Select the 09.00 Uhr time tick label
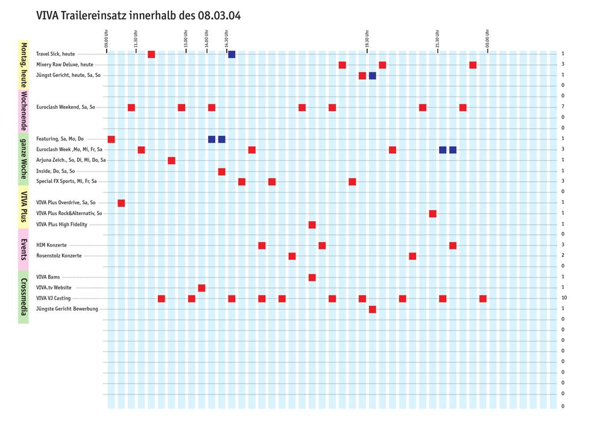pyautogui.click(x=107, y=39)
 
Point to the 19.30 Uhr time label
pyautogui.click(x=367, y=39)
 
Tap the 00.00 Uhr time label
pyautogui.click(x=487, y=39)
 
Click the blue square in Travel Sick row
pyautogui.click(x=232, y=54)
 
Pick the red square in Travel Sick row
pyautogui.click(x=151, y=54)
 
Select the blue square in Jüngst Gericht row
pyautogui.click(x=372, y=75)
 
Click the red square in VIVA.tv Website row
pyautogui.click(x=201, y=288)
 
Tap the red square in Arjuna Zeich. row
pyautogui.click(x=171, y=161)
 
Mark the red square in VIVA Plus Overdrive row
pyautogui.click(x=121, y=203)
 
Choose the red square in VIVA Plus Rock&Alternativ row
pyautogui.click(x=432, y=214)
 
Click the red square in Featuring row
pyautogui.click(x=111, y=140)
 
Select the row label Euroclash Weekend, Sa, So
pyautogui.click(x=65, y=107)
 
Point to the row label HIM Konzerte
pyautogui.click(x=51, y=245)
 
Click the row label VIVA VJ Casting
pyautogui.click(x=54, y=298)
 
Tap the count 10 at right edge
pyautogui.click(x=564, y=298)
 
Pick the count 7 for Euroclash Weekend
pyautogui.click(x=563, y=106)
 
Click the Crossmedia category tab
pyautogui.click(x=24, y=297)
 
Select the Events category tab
pyautogui.click(x=24, y=249)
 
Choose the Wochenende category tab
pyautogui.click(x=24, y=111)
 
